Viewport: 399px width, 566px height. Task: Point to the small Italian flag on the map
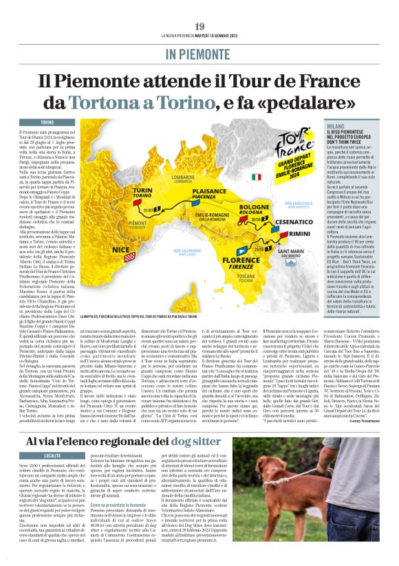pyautogui.click(x=257, y=177)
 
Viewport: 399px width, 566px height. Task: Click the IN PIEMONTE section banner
pyautogui.click(x=199, y=54)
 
